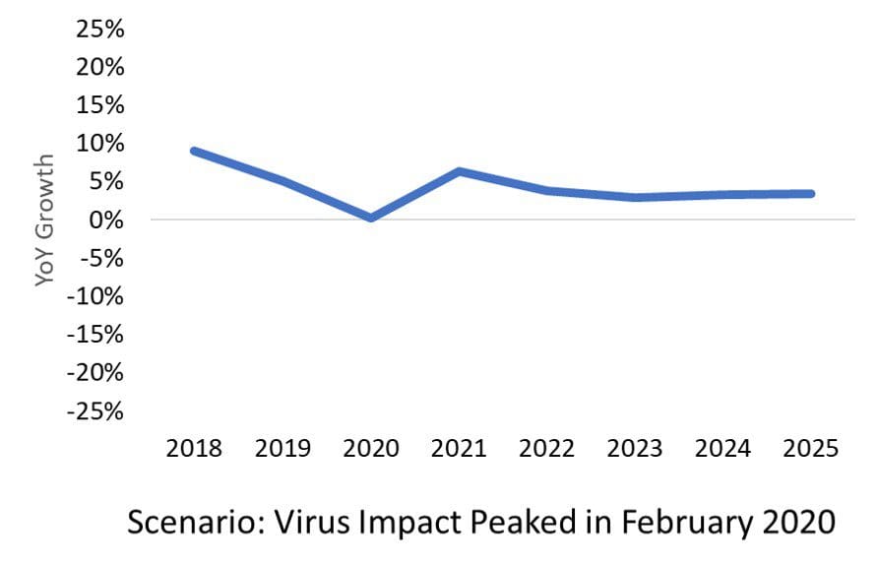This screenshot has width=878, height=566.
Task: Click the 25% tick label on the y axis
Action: point(100,29)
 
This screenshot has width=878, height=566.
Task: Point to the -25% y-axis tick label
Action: point(95,411)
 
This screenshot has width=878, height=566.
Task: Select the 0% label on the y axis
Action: point(106,220)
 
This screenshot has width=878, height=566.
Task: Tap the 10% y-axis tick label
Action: point(100,144)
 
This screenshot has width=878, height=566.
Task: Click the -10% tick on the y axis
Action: point(95,296)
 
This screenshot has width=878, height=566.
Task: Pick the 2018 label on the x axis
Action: point(194,449)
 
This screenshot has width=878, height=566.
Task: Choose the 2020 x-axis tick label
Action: point(371,449)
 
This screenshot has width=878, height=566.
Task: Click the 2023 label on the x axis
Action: point(635,449)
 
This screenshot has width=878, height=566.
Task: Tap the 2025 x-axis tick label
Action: point(811,449)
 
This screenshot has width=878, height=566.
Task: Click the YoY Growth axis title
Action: point(44,220)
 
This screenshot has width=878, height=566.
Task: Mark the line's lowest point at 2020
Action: point(371,218)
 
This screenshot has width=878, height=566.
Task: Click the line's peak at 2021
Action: point(459,171)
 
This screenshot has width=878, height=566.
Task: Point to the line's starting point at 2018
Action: point(194,152)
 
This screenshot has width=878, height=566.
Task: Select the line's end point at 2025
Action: point(811,194)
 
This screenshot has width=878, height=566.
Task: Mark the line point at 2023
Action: point(635,197)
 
